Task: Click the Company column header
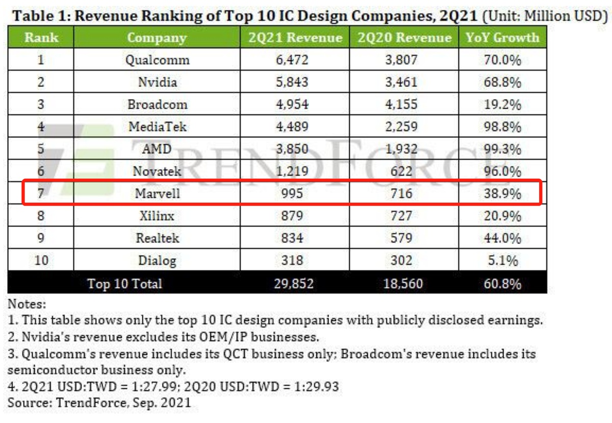pos(157,38)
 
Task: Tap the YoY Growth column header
pos(502,38)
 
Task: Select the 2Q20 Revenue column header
pos(404,38)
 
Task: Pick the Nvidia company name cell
pos(157,82)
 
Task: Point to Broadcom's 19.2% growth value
pos(502,105)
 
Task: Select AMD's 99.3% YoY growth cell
pos(502,149)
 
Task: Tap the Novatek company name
pos(157,171)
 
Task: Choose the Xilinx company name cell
pos(157,216)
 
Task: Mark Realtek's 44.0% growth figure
pos(502,238)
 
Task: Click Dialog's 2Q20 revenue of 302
pos(401,260)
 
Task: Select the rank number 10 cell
pos(41,260)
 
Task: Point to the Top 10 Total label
pos(124,284)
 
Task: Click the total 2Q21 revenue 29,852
pos(292,284)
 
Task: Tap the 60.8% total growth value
pos(502,284)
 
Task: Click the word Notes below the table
pos(27,305)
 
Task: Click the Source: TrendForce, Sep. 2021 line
pos(99,403)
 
